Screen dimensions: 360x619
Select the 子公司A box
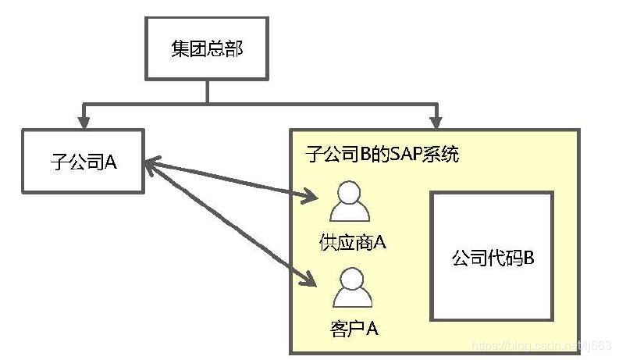click(x=83, y=162)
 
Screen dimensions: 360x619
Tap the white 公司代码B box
click(x=491, y=256)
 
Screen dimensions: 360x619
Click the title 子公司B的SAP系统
click(x=382, y=154)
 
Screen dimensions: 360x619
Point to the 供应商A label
click(x=353, y=242)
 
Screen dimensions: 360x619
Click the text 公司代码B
click(x=493, y=257)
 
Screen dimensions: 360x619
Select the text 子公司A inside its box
click(x=83, y=162)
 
